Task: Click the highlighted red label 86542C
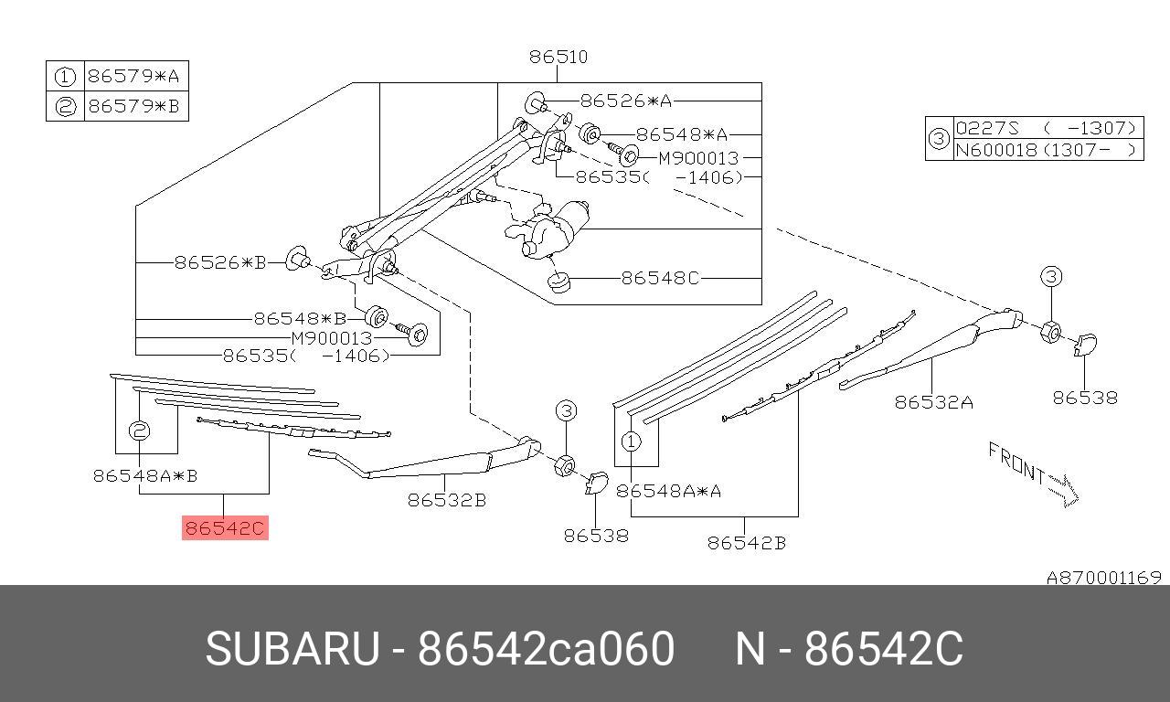[225, 527]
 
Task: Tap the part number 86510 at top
[558, 57]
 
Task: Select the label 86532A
[933, 401]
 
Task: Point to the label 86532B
[446, 500]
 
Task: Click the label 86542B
[746, 543]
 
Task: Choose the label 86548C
[659, 278]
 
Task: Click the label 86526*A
[625, 101]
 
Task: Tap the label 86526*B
[219, 262]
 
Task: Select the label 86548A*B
[145, 475]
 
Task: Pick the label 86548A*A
[668, 491]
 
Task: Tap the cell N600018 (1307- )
[1048, 151]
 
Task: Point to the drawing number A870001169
[1103, 578]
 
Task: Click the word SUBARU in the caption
[292, 649]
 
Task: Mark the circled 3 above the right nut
[1050, 277]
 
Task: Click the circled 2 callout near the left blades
[139, 431]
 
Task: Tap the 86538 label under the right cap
[1084, 398]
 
